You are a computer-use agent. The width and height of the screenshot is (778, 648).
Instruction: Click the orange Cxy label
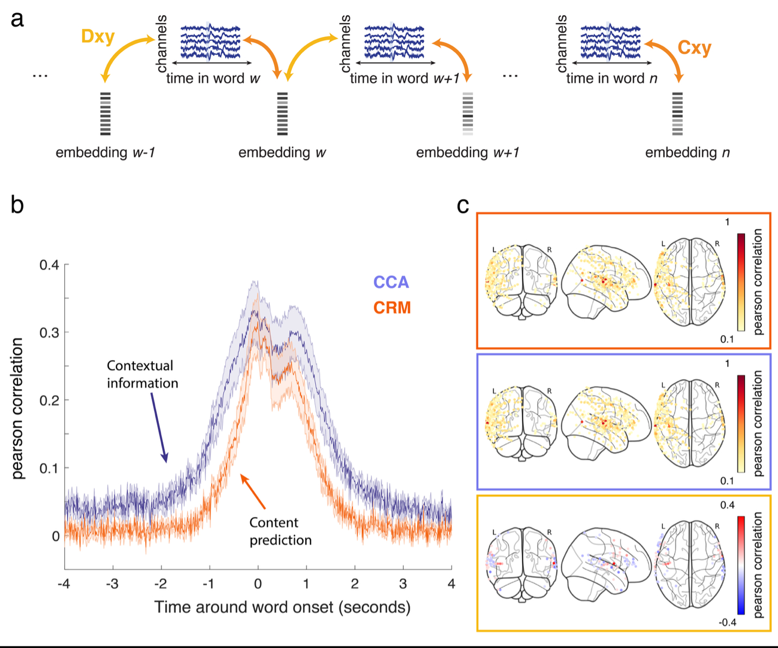(x=694, y=48)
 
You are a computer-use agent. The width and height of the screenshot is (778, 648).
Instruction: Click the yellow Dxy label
(x=98, y=36)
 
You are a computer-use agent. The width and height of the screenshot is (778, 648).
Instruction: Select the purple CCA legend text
(x=391, y=282)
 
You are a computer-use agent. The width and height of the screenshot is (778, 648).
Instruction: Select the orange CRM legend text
(x=392, y=308)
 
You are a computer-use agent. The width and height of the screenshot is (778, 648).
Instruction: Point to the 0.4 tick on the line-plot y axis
(x=49, y=265)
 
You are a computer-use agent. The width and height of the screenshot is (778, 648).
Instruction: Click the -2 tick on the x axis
(x=161, y=584)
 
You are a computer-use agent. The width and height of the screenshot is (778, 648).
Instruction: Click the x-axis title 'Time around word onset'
(x=282, y=607)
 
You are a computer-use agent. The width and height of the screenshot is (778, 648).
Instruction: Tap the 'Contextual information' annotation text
(x=142, y=374)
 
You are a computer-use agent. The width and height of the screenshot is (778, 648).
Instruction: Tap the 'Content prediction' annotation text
(x=280, y=531)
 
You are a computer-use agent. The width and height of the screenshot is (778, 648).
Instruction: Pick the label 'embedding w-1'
(x=106, y=153)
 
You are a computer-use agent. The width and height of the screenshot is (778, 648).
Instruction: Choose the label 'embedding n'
(x=687, y=153)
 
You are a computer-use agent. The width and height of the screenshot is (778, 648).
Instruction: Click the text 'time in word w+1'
(x=405, y=79)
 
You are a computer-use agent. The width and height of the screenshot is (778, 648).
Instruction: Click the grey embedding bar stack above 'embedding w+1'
(x=467, y=114)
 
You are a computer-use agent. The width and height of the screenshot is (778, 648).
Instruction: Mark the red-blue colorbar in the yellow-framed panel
(x=740, y=565)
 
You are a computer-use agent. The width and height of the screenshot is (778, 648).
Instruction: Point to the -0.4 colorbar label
(x=727, y=622)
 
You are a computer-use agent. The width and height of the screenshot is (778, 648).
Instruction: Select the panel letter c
(x=462, y=205)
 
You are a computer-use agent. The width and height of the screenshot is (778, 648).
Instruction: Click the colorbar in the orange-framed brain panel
(x=740, y=282)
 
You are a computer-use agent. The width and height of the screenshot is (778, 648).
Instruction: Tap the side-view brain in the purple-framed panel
(x=606, y=422)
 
